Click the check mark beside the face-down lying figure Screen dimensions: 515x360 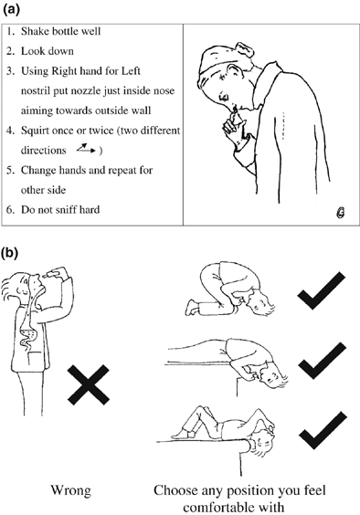click(320, 365)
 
